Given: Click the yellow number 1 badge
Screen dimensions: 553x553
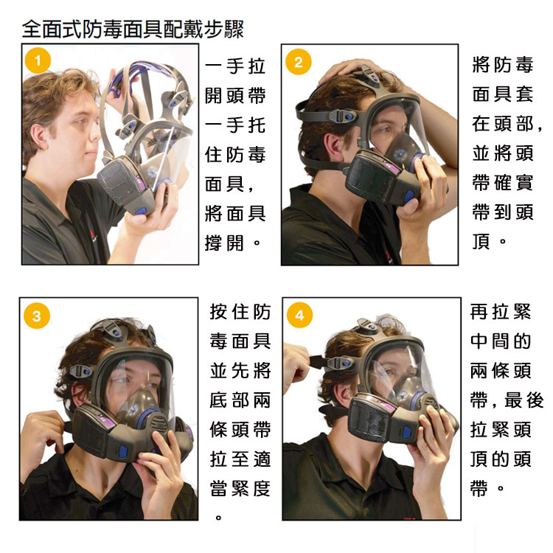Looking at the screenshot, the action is tap(38, 60).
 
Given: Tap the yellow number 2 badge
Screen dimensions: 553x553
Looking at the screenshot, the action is tap(299, 62).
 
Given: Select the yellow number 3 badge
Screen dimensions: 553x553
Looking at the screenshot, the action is tap(37, 316).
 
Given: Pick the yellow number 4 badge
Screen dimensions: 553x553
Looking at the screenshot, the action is tap(299, 315).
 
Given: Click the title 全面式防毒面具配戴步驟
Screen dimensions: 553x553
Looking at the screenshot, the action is tap(133, 29).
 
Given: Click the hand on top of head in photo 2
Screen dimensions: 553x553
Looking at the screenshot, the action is tap(352, 71).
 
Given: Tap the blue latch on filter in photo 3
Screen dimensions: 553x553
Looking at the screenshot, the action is tap(123, 452).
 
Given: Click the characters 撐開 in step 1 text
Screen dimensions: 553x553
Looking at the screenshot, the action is tap(224, 243).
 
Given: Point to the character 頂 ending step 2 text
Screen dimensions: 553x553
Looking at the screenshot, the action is tap(481, 242).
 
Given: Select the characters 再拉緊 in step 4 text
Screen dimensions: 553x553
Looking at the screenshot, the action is tap(501, 312).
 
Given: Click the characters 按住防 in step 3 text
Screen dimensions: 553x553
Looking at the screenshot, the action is tap(240, 312).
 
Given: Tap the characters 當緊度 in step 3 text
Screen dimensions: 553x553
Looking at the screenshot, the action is tap(240, 489).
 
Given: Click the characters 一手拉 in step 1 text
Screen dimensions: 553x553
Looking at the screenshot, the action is tap(235, 66).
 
